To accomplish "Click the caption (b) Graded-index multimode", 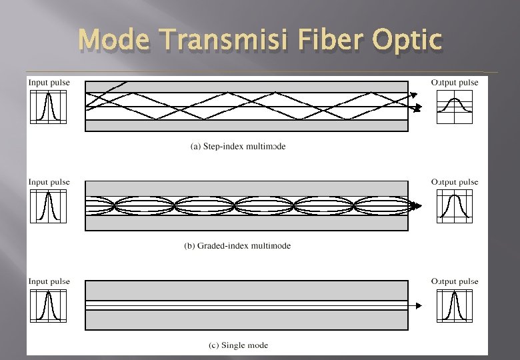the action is [x=237, y=245].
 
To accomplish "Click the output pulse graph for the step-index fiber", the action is [x=455, y=107].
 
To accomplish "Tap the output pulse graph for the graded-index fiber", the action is [x=455, y=207].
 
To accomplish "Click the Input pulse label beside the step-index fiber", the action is [x=49, y=83].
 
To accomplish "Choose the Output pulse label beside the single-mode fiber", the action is [x=455, y=281].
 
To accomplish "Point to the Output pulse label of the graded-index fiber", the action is [x=455, y=182].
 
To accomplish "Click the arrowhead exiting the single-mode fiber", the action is [x=419, y=305].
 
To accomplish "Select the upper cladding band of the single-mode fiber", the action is [x=247, y=290].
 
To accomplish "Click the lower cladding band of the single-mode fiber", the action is [x=247, y=320].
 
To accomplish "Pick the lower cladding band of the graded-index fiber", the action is [x=247, y=223].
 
